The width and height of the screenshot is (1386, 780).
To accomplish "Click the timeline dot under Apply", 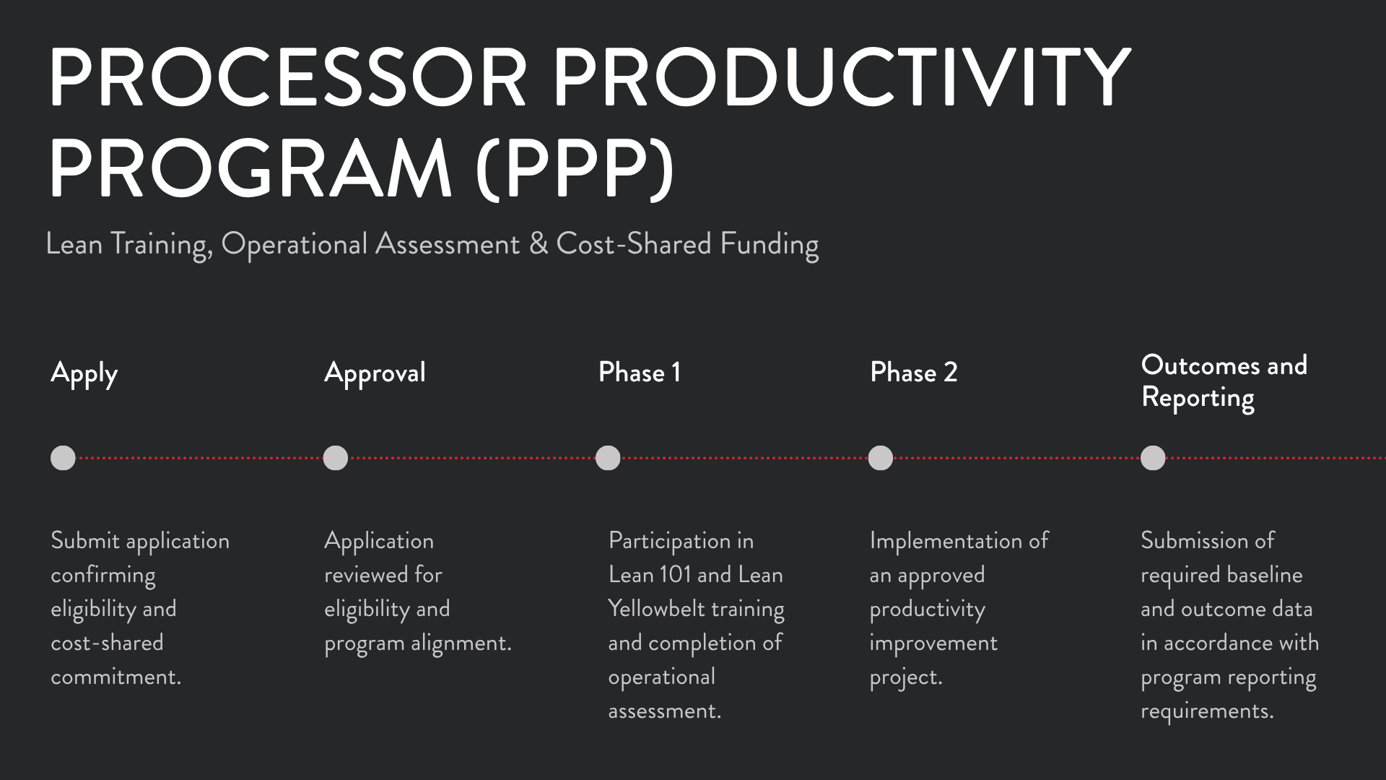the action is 63,458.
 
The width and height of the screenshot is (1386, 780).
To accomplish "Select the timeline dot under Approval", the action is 336,458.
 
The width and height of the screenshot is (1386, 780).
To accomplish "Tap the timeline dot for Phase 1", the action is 608,458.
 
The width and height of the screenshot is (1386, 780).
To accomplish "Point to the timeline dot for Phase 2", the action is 881,458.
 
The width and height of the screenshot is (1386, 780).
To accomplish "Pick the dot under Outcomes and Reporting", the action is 1153,458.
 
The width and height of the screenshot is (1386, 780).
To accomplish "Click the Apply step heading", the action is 84,374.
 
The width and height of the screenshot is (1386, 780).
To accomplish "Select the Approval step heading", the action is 375,373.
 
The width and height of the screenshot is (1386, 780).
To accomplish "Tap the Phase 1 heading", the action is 640,372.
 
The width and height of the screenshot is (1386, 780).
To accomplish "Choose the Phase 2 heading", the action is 914,372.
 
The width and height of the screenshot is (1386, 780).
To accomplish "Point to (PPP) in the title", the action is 575,169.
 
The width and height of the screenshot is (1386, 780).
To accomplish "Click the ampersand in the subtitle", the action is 539,244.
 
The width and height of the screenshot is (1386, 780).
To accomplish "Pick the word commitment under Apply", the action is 116,677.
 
